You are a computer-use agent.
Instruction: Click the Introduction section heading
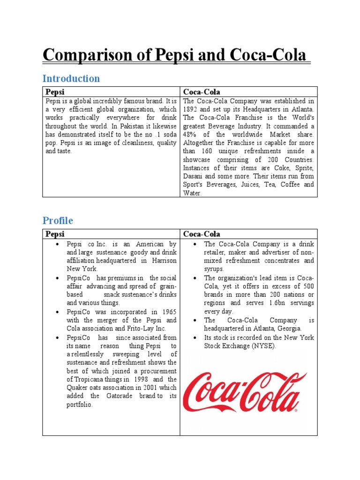[x=71, y=78]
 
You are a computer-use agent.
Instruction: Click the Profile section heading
[x=58, y=220]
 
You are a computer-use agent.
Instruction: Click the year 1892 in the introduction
[x=191, y=109]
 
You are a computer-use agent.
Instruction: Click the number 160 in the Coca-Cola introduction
[x=205, y=151]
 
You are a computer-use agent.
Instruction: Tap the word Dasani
[x=194, y=177]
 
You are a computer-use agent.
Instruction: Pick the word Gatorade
[x=118, y=396]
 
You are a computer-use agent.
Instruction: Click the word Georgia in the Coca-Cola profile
[x=289, y=329]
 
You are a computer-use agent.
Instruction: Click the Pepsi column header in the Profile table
[x=55, y=234]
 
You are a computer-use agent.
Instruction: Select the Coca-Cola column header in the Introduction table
[x=202, y=92]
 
